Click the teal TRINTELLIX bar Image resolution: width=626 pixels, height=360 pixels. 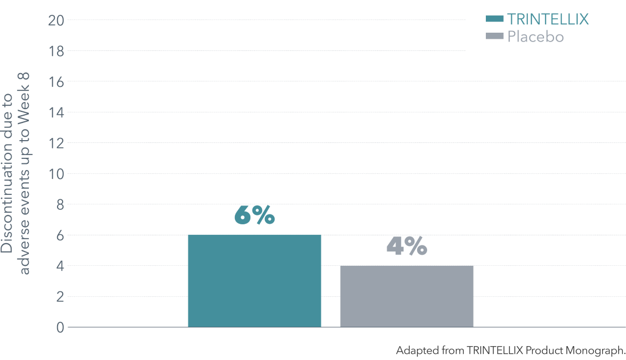point(254,281)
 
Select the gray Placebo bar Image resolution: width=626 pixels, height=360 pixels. point(407,296)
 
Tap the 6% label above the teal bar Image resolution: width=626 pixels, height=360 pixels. point(254,215)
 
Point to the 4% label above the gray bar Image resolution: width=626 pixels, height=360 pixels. point(407,246)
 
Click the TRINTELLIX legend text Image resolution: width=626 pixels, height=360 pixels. point(548,19)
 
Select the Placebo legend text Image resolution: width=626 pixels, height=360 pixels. point(535,37)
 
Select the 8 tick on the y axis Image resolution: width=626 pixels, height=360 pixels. point(60,205)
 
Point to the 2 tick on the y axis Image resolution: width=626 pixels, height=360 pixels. point(60,297)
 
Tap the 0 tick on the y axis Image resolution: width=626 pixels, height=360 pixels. point(60,328)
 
